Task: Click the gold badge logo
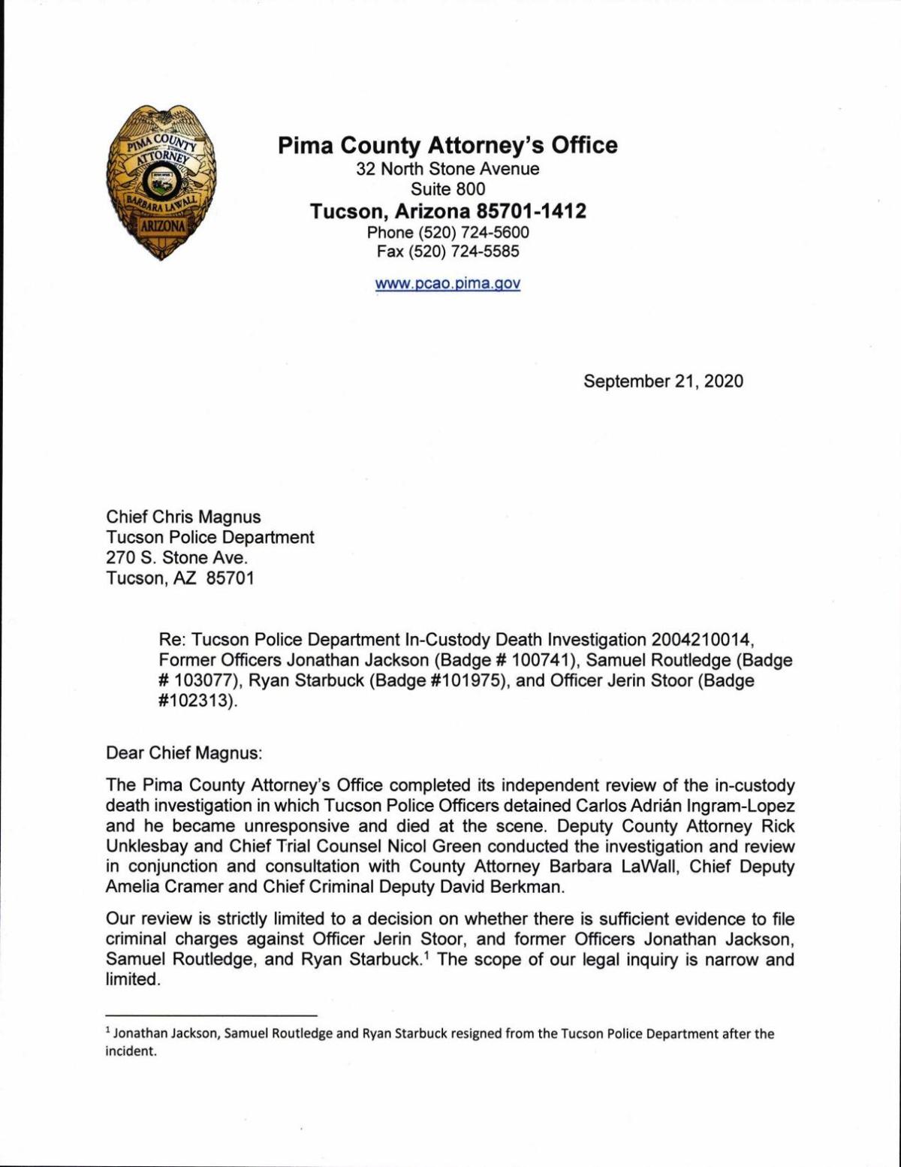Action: [x=161, y=183]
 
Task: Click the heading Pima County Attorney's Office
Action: [x=447, y=144]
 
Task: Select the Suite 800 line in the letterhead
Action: [x=447, y=189]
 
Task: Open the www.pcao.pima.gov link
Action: [x=447, y=284]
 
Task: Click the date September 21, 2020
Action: [x=663, y=381]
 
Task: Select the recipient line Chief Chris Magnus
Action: [x=184, y=517]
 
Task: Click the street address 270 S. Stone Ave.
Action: [x=176, y=557]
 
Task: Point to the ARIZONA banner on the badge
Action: [x=161, y=225]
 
